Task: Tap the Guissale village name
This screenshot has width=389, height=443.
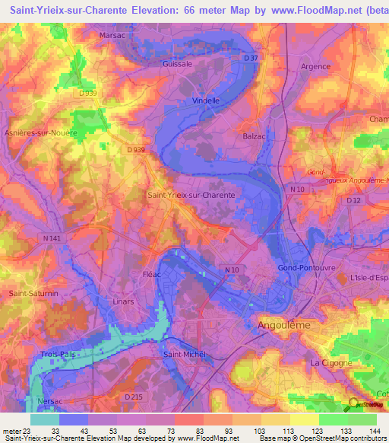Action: click(177, 65)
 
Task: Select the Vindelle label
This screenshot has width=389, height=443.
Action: click(205, 100)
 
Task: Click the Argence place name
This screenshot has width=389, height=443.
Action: click(315, 66)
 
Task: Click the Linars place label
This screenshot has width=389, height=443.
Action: click(122, 301)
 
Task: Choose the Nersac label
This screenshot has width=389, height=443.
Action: click(50, 400)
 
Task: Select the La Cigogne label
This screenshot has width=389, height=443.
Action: click(331, 363)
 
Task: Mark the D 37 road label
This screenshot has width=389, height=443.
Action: click(251, 58)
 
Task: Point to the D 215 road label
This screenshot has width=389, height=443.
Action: click(133, 397)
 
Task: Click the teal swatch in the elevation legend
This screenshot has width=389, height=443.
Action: click(44, 419)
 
